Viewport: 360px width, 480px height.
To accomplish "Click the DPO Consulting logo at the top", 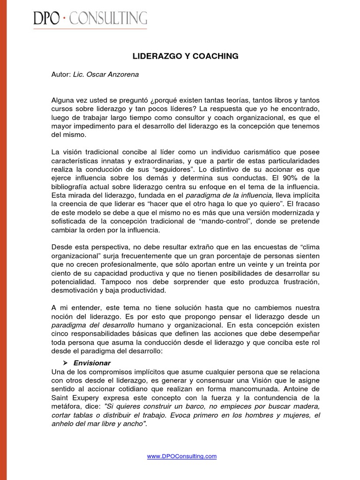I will click(x=90, y=18).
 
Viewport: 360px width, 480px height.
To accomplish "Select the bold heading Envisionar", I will click(x=92, y=363).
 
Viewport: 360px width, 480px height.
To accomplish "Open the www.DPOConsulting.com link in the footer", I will click(x=182, y=456).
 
